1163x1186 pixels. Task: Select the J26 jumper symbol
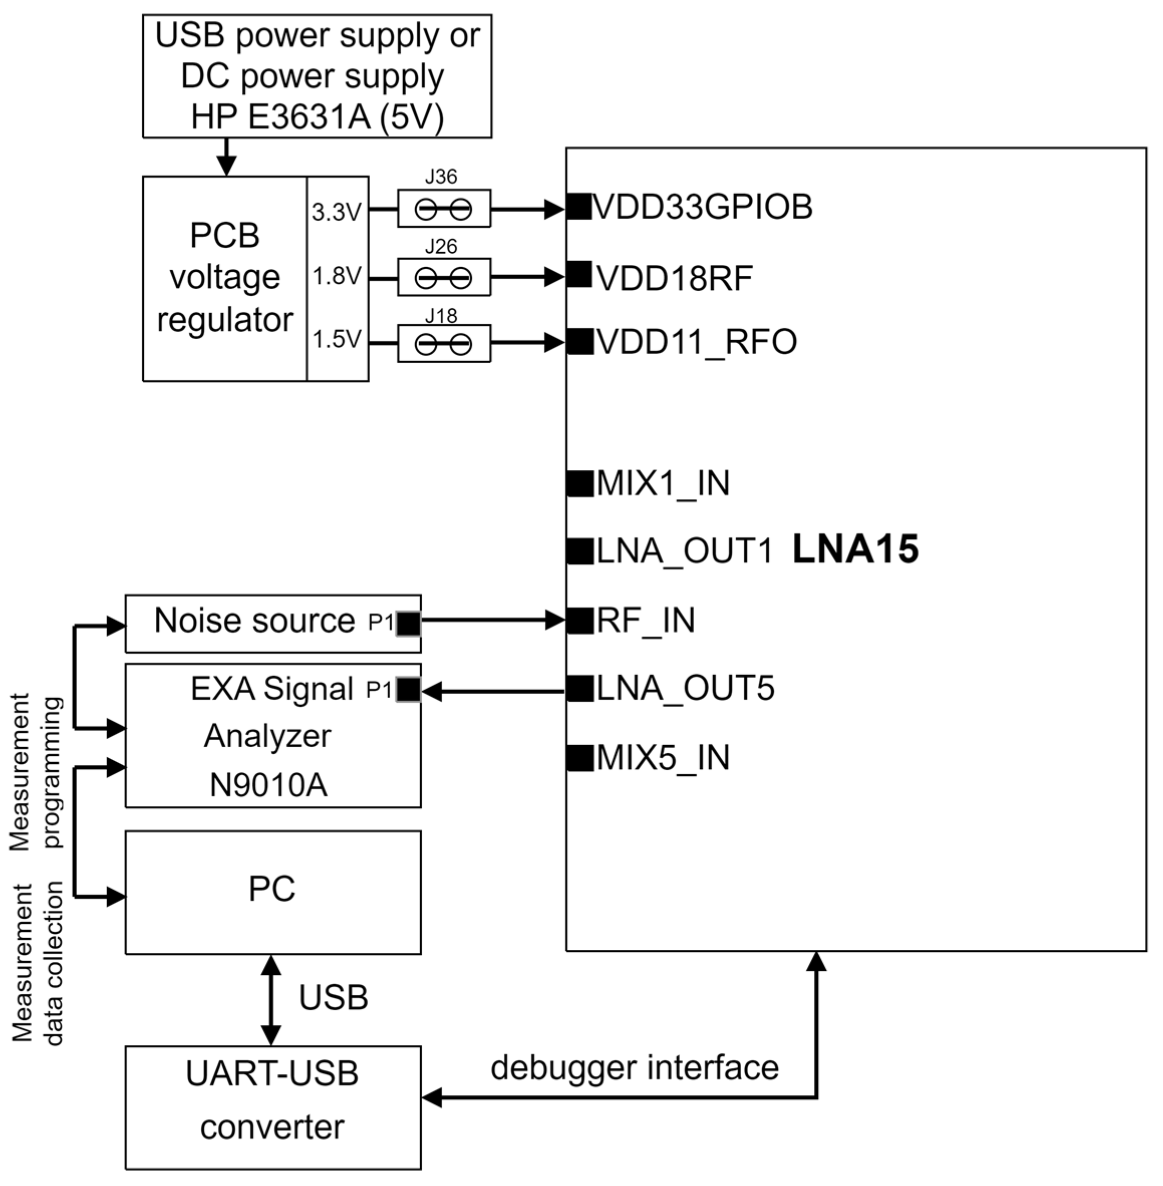[443, 278]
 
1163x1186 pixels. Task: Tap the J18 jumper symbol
[443, 345]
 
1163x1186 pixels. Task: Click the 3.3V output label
[337, 213]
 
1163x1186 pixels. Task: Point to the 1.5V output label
[337, 340]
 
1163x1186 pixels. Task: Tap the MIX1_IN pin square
[580, 484]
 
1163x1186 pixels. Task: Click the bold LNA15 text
[855, 549]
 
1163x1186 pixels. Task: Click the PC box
[272, 892]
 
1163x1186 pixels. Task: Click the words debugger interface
[634, 1068]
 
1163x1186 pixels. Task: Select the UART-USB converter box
[272, 1107]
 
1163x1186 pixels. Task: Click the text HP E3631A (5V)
[317, 117]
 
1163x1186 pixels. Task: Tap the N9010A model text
[268, 785]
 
